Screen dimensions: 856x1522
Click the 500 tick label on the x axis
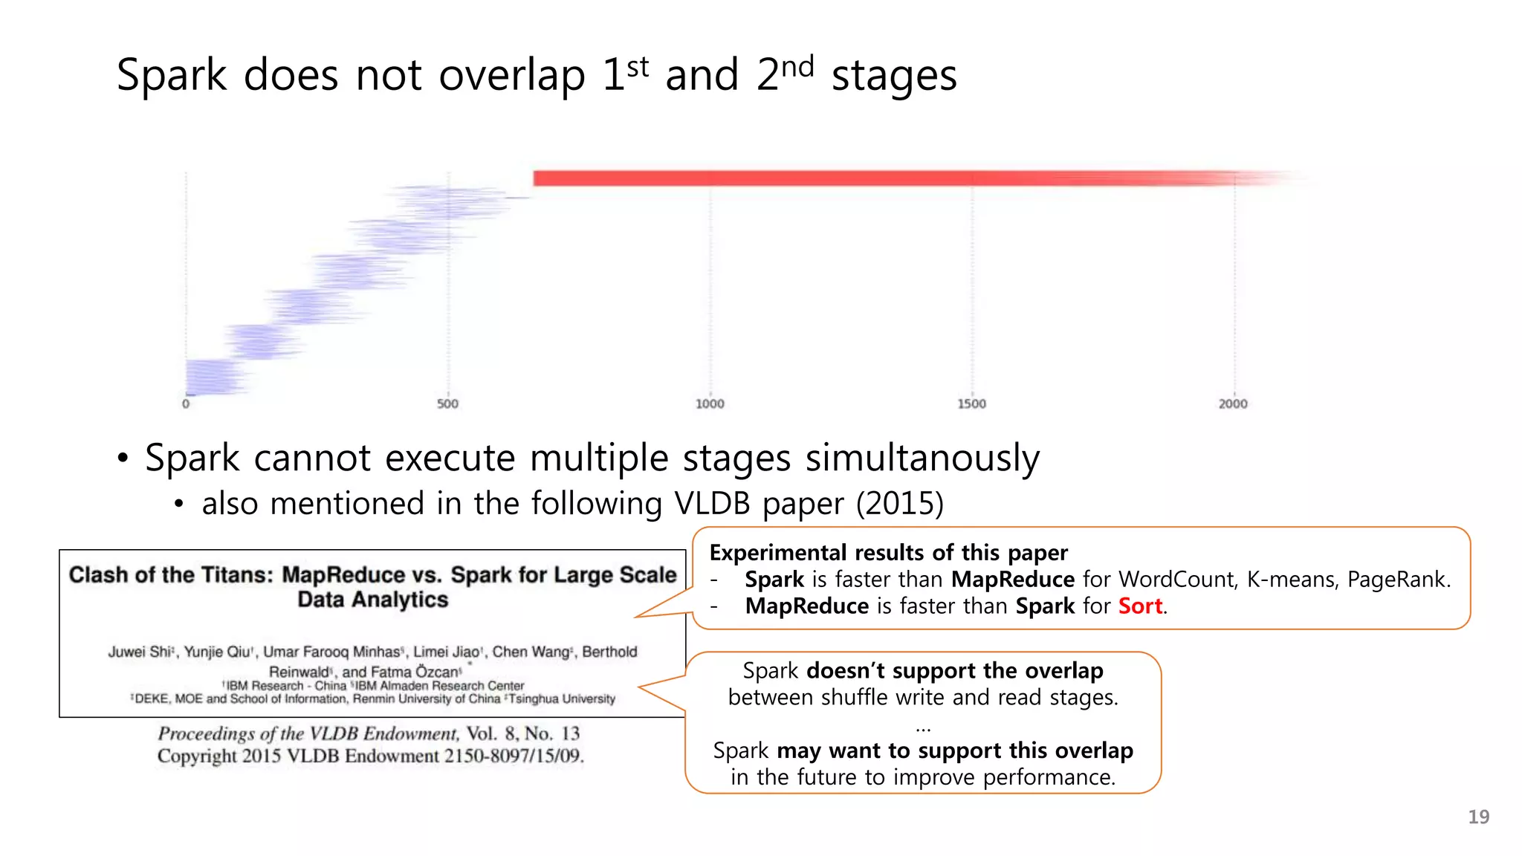(x=447, y=403)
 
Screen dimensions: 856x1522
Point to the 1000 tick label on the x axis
(x=710, y=403)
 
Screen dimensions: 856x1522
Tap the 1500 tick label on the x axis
(x=971, y=403)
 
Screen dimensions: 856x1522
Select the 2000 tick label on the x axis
(x=1233, y=403)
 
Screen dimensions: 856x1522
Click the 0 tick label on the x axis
(x=186, y=403)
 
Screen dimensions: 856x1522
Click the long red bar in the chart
(x=817, y=178)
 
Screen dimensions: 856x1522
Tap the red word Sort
(x=1140, y=606)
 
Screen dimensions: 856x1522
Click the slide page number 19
(x=1478, y=817)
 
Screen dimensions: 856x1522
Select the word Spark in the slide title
(x=172, y=76)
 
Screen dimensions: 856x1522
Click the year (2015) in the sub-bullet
(x=899, y=504)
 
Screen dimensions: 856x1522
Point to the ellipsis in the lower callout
(x=923, y=728)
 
